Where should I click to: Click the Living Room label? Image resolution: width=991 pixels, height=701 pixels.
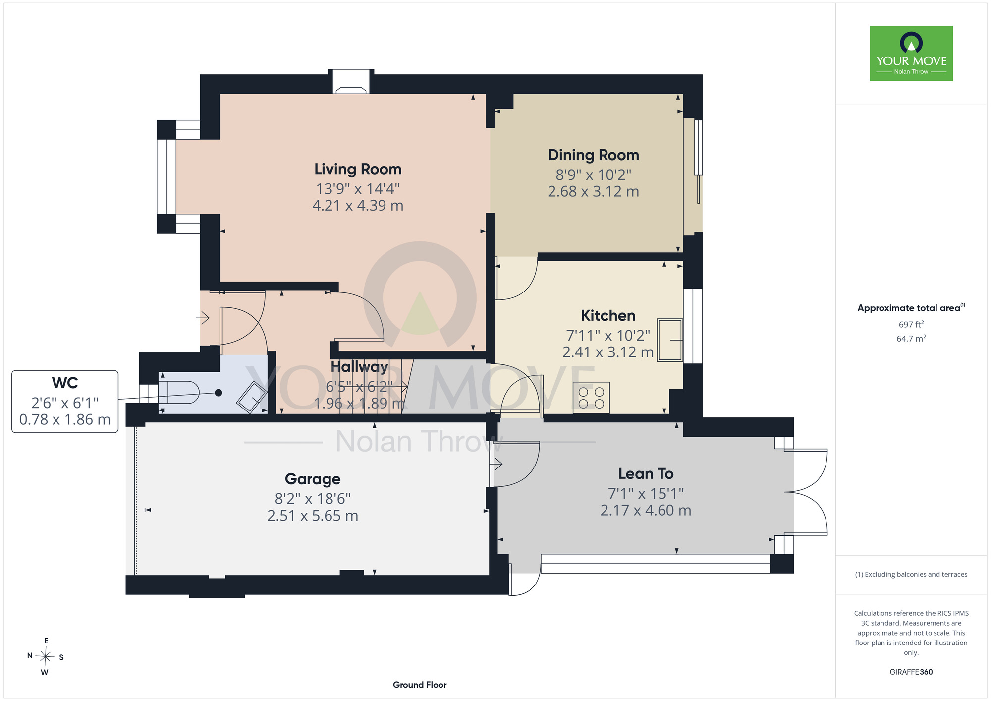(358, 169)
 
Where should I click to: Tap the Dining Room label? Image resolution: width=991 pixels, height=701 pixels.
(593, 155)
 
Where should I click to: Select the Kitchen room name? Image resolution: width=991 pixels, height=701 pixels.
(608, 316)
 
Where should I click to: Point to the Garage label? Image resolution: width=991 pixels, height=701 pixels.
(313, 479)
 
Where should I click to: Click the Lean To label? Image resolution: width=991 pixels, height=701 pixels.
(646, 474)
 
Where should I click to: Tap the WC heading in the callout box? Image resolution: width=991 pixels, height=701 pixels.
(65, 383)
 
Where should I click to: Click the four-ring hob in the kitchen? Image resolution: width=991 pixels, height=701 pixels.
(591, 398)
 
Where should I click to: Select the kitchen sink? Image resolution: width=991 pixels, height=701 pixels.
(670, 340)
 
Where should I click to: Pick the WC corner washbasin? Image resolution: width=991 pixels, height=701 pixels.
(252, 397)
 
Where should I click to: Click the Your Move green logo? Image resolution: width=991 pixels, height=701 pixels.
(911, 54)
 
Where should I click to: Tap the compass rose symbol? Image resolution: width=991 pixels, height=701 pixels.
(46, 657)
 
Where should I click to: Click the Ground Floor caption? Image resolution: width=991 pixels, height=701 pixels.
(420, 685)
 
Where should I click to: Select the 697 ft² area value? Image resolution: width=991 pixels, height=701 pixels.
(911, 324)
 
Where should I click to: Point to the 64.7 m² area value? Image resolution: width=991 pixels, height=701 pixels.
(911, 339)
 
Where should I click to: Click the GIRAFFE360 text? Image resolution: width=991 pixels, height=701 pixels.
(911, 672)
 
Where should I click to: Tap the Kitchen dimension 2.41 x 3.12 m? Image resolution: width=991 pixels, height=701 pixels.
(608, 352)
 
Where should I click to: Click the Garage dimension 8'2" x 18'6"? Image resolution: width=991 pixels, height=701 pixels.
(313, 499)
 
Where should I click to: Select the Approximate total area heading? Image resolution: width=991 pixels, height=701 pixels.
(911, 308)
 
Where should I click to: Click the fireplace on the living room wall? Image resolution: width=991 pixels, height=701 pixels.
(351, 82)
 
